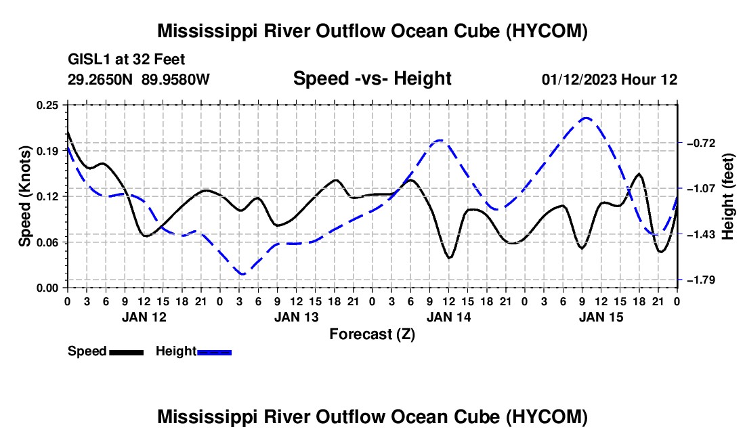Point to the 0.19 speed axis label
tap(47, 151)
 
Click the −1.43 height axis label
tap(700, 234)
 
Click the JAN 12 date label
tap(144, 317)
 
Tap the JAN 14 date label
tap(448, 317)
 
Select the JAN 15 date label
tap(601, 317)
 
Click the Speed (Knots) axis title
tap(24, 196)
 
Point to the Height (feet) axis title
tap(727, 196)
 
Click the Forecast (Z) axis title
tap(372, 334)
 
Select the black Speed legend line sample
tap(127, 352)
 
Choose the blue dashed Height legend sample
tap(214, 352)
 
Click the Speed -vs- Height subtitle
tap(372, 79)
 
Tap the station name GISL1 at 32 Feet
tap(127, 60)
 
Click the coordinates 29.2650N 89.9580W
tap(138, 79)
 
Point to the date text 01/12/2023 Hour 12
tap(610, 79)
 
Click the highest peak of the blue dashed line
tap(587, 118)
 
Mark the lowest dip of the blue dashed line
tap(242, 274)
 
